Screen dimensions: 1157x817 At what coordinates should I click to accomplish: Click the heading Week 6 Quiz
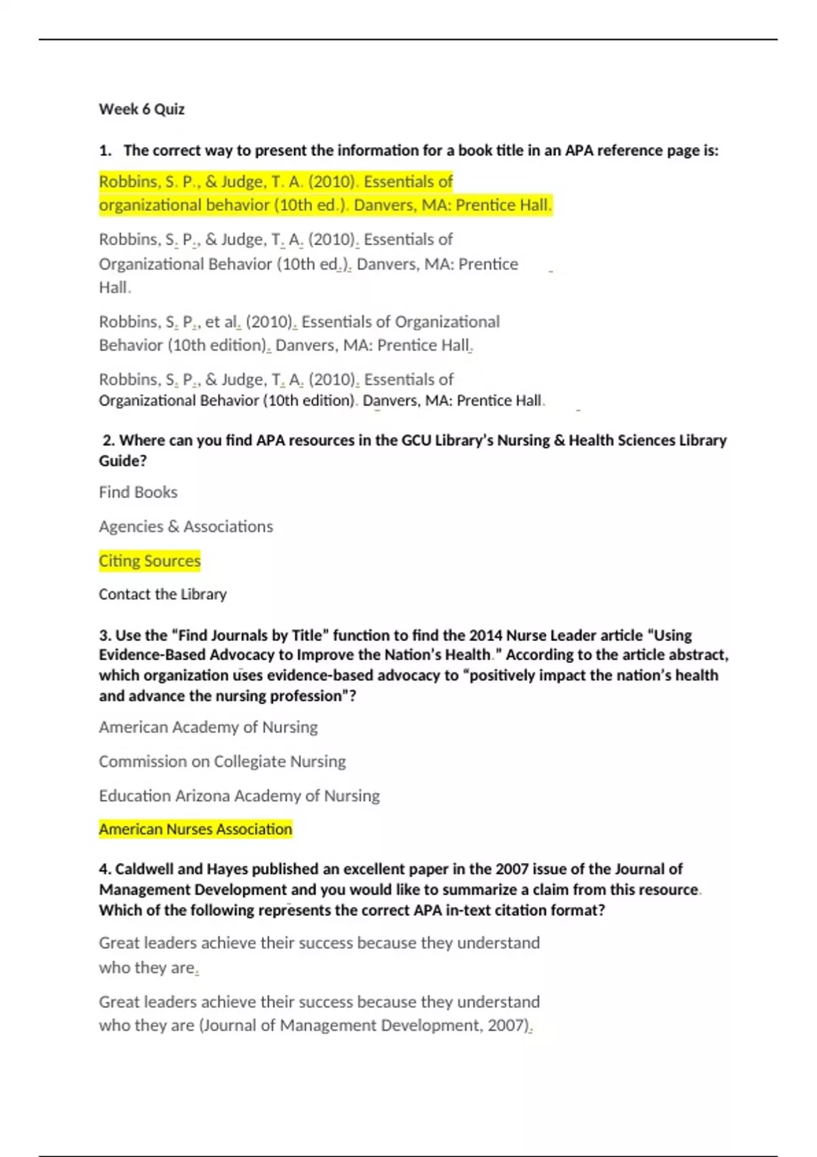(x=142, y=109)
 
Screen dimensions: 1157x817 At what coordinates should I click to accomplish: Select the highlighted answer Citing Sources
(x=150, y=561)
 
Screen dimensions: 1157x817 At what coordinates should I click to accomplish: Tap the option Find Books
(x=138, y=492)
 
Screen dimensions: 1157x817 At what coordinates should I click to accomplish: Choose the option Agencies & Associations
(x=186, y=526)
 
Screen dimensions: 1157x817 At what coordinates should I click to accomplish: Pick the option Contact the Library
(x=163, y=594)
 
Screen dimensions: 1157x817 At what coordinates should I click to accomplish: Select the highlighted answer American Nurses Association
(x=195, y=829)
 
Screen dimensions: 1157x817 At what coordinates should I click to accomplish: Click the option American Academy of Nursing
(x=208, y=727)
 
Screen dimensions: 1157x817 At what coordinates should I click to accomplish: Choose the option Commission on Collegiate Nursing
(x=222, y=761)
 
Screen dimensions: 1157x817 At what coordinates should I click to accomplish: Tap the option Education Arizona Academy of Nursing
(x=239, y=796)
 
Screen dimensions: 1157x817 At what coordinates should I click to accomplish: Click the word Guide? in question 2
(x=123, y=461)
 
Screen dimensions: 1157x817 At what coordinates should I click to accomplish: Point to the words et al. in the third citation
(x=223, y=321)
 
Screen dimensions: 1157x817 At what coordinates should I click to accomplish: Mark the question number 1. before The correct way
(x=105, y=150)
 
